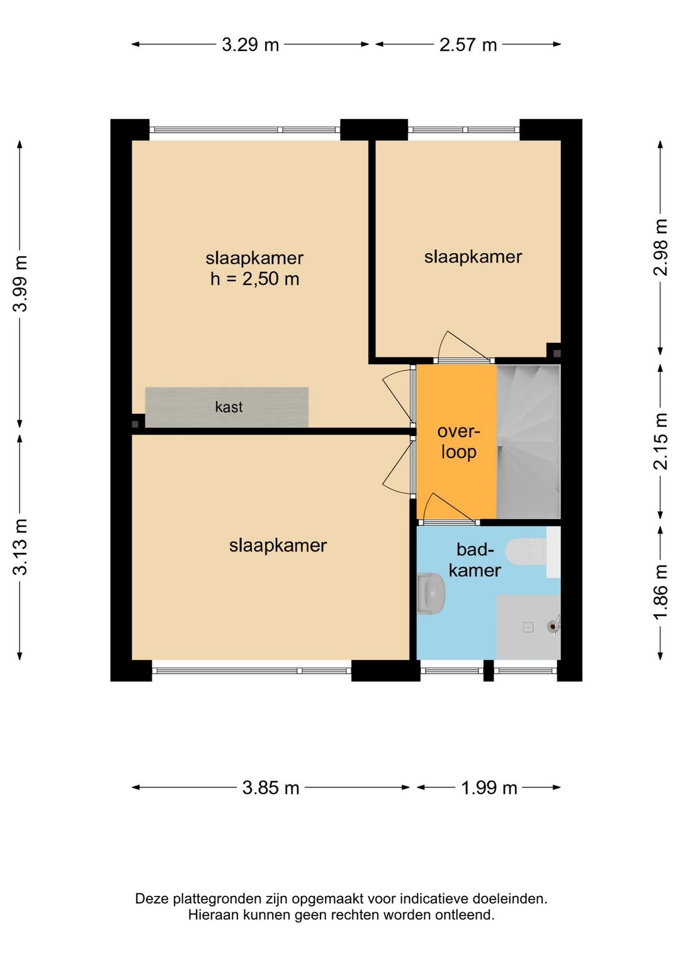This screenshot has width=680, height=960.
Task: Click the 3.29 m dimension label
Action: point(250,45)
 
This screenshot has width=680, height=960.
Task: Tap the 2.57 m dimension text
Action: point(468,45)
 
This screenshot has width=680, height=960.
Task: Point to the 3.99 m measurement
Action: point(20,283)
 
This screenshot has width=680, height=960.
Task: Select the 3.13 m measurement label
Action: point(20,546)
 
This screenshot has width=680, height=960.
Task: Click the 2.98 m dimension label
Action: point(660,247)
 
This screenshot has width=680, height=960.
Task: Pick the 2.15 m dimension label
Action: point(660,441)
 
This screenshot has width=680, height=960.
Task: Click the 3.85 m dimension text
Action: point(271,788)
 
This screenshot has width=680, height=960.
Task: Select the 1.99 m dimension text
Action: point(489,788)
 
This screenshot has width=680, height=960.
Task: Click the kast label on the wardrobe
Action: point(229,407)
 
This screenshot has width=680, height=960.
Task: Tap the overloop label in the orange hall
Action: point(458,442)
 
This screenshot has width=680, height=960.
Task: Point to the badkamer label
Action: point(475,560)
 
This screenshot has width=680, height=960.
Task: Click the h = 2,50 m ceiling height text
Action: point(255,279)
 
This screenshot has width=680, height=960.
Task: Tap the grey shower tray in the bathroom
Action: point(528,627)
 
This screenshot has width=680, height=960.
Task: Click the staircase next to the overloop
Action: point(528,442)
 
